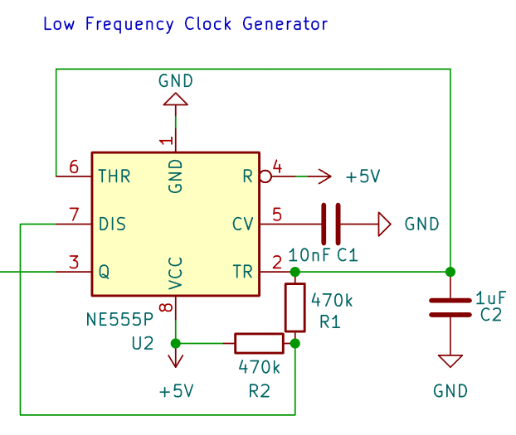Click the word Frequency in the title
pyautogui.click(x=129, y=25)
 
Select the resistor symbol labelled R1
pyautogui.click(x=295, y=307)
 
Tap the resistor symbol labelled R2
pyautogui.click(x=259, y=344)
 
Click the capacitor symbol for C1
pyautogui.click(x=331, y=225)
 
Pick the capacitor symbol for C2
pyautogui.click(x=450, y=307)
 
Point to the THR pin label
pyautogui.click(x=114, y=176)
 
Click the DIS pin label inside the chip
pyautogui.click(x=112, y=225)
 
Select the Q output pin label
pyautogui.click(x=104, y=272)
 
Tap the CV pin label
pyautogui.click(x=243, y=225)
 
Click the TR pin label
pyautogui.click(x=243, y=272)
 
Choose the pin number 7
pyautogui.click(x=74, y=215)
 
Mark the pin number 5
pyautogui.click(x=277, y=215)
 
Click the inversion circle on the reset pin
pyautogui.click(x=265, y=176)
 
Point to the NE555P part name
pyautogui.click(x=119, y=320)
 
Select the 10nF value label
pyautogui.click(x=309, y=255)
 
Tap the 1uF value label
pyautogui.click(x=490, y=298)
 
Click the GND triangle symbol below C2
pyautogui.click(x=450, y=361)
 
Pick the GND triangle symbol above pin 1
pyautogui.click(x=176, y=99)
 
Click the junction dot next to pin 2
pyautogui.click(x=295, y=272)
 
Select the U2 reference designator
pyautogui.click(x=143, y=344)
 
